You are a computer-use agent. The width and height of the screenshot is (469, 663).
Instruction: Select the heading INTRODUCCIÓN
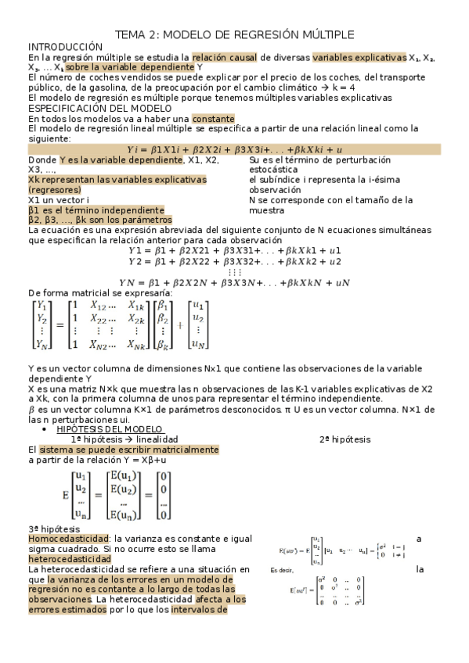[x=65, y=47]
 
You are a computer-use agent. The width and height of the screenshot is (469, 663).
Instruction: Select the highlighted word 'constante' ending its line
[x=213, y=118]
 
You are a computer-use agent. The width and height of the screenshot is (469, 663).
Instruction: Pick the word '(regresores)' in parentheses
[x=58, y=189]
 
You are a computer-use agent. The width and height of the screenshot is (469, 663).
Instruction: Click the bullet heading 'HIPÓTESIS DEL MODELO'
[x=110, y=429]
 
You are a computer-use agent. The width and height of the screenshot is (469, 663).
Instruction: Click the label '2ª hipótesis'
[x=345, y=439]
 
